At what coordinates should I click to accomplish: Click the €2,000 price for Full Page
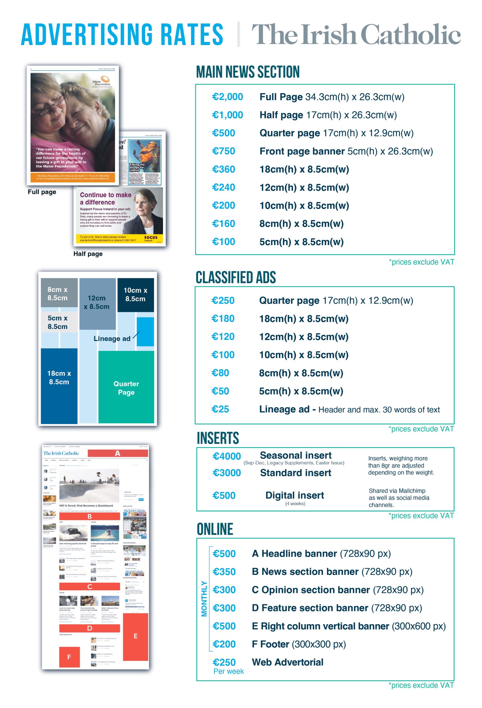click(227, 97)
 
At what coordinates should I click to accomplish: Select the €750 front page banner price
click(223, 151)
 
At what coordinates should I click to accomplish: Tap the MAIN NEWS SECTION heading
click(248, 72)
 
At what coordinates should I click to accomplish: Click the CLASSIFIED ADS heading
click(235, 278)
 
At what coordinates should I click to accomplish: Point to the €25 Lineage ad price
click(220, 409)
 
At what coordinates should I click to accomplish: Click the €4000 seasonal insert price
click(226, 456)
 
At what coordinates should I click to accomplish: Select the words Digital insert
click(295, 495)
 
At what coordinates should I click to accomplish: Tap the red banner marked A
click(117, 453)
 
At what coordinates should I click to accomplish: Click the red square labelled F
click(69, 657)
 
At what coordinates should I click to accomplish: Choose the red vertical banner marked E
click(135, 636)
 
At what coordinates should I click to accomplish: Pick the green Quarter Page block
click(126, 387)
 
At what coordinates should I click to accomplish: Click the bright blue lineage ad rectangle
click(145, 332)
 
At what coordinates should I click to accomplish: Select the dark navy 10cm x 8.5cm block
click(135, 295)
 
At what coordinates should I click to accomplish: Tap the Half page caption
click(88, 254)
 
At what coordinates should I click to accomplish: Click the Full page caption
click(42, 192)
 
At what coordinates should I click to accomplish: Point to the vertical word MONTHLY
click(204, 599)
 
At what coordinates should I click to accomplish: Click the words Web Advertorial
click(287, 662)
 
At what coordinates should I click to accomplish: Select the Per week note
click(228, 671)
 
